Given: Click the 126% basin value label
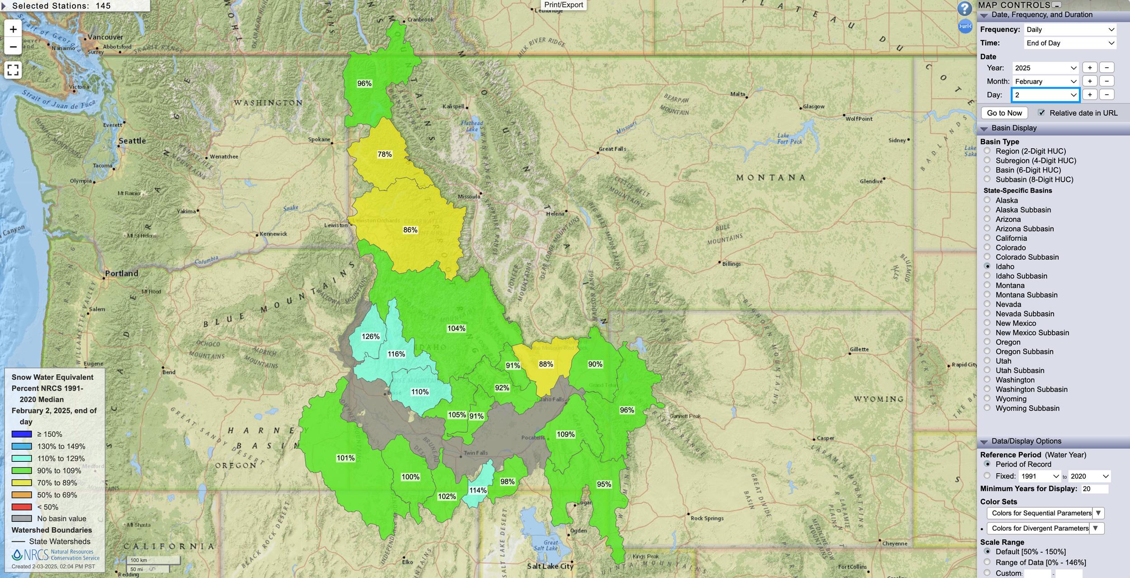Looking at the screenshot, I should point(370,336).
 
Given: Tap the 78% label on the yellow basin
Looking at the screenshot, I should point(384,154).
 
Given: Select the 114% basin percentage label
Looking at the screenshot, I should point(478,490).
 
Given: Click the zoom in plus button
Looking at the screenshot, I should point(13,29).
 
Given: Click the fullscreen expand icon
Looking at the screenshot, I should point(13,70).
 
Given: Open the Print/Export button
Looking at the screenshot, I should point(563,5).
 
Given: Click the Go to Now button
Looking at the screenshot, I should point(1004,113).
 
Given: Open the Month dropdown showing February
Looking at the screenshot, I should point(1045,81).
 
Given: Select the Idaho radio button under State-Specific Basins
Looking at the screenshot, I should point(987,266).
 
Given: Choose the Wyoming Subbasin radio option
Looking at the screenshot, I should point(987,408).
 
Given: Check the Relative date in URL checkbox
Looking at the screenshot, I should point(1041,113).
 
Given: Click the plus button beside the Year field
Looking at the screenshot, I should point(1089,68).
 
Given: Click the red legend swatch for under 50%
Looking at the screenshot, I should point(22,507).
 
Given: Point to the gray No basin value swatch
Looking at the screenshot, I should point(22,518).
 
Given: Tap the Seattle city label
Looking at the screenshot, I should point(132,141).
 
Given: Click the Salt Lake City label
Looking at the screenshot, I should point(550,566).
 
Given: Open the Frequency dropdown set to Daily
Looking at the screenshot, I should point(1069,29).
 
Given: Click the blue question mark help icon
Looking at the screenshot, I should point(964,8).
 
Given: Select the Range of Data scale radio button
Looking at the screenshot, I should point(987,562).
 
